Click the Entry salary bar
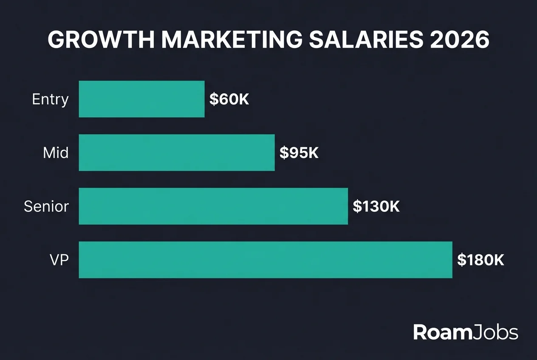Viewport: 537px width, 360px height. coord(141,99)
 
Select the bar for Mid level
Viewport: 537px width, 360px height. coord(177,152)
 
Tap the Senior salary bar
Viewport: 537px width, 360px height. coord(213,206)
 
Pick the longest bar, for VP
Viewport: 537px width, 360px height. coord(266,260)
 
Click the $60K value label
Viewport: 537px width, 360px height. coord(229,99)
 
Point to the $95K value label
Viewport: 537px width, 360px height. coord(299,153)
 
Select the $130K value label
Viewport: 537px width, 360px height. coord(376,206)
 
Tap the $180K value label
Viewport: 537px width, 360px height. coord(480,260)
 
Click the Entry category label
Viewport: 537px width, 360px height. coord(50,99)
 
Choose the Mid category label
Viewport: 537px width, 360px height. coord(56,153)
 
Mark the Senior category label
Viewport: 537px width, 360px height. coord(46,206)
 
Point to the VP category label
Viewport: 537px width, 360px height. coord(59,260)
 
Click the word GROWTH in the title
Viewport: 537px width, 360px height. coord(100,40)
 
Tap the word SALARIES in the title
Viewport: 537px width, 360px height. coord(366,40)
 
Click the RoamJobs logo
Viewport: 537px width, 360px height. coord(466,332)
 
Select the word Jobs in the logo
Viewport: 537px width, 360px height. coord(495,332)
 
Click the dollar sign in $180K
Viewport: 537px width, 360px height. coord(461,260)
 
